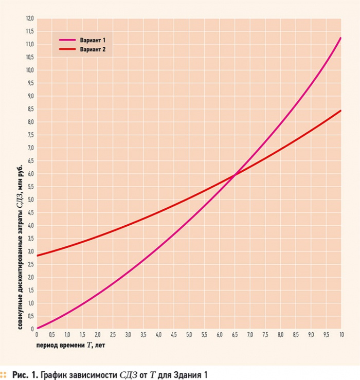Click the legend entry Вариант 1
coord(93,40)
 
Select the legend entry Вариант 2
coord(93,50)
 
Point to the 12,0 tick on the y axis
coord(29,19)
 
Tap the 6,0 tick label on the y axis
coord(29,174)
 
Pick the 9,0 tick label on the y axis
coord(29,96)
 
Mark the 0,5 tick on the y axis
coord(29,316)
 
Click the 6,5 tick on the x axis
coord(235,335)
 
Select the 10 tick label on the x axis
coord(341,335)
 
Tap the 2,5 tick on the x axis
coord(113,335)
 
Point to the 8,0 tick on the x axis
coord(280,335)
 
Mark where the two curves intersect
coord(235,175)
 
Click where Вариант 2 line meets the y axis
coord(37,256)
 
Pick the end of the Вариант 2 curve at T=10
coord(340,111)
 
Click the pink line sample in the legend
coord(66,40)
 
